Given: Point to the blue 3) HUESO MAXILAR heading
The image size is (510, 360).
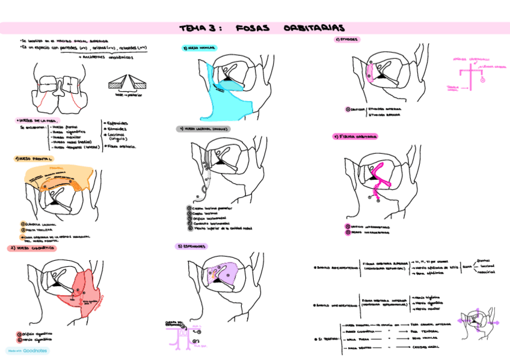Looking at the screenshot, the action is tap(199, 47).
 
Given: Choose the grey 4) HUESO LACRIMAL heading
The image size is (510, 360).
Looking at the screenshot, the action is tap(204, 129).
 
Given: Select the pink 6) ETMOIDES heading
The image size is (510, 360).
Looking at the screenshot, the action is tap(346, 40).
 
